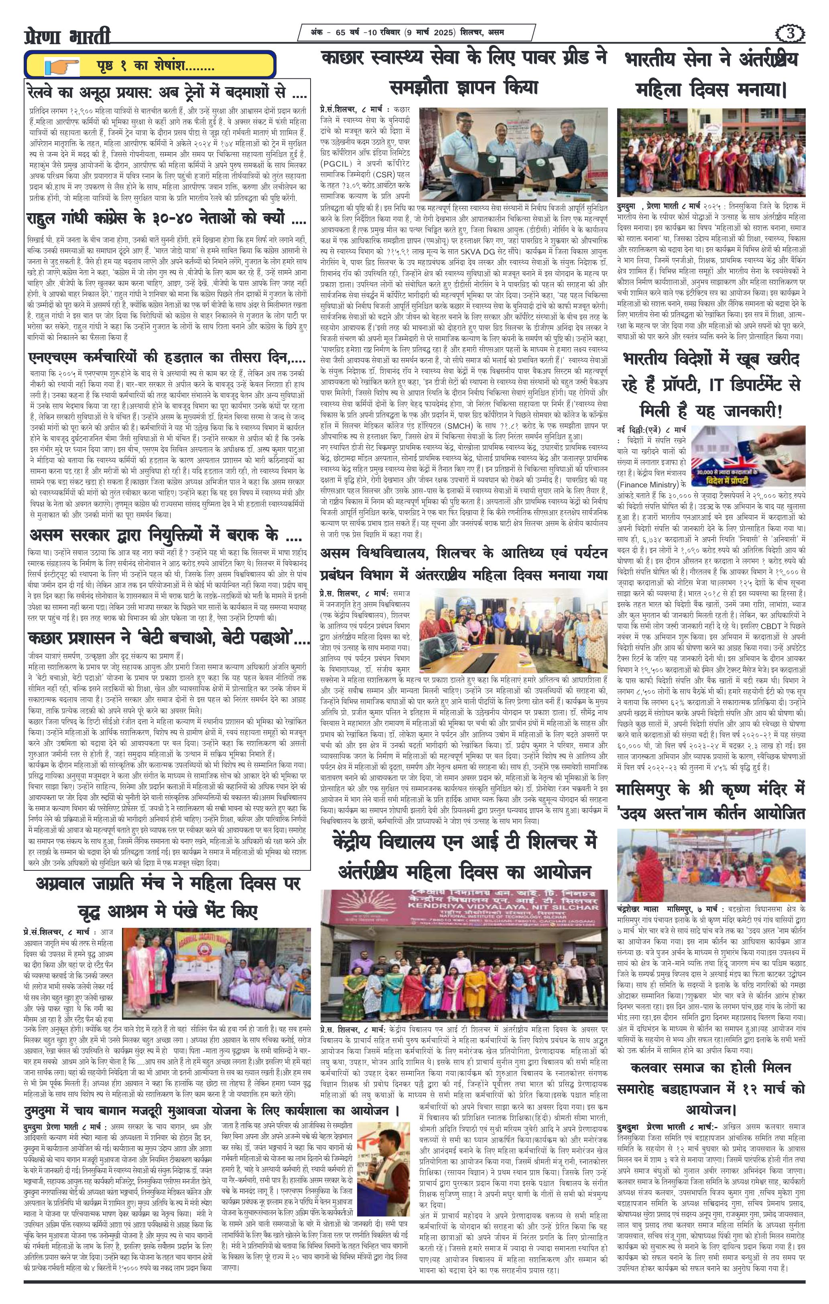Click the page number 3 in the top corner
click(x=790, y=34)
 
